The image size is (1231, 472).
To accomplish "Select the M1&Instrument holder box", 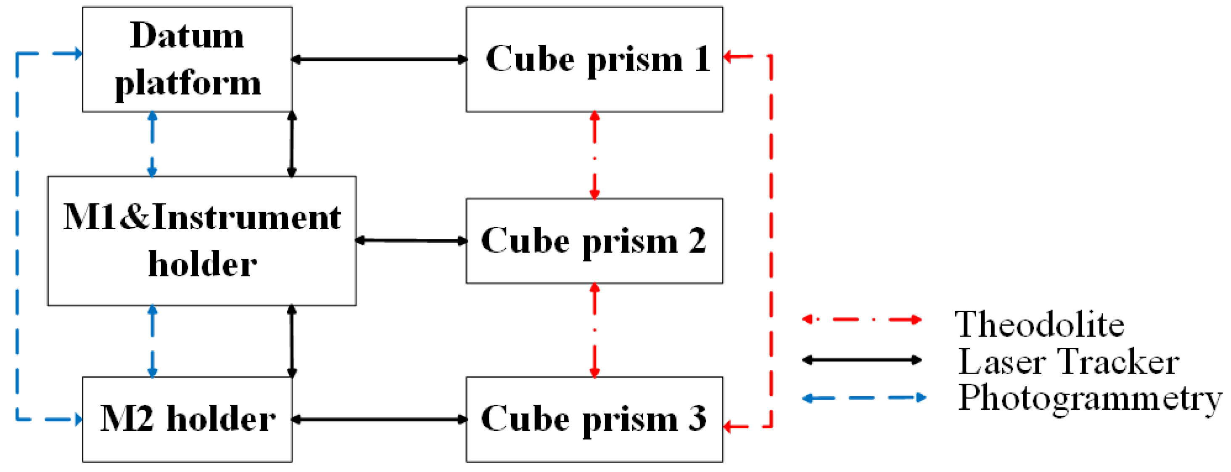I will [x=202, y=241].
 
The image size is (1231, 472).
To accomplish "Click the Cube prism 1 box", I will [x=594, y=59].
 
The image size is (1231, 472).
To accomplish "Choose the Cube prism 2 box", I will [x=594, y=241].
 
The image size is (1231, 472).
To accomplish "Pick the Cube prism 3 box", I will [x=594, y=419].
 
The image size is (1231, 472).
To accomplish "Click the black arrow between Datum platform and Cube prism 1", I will [x=379, y=59].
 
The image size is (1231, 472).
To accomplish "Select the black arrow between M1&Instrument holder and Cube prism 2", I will [x=411, y=241].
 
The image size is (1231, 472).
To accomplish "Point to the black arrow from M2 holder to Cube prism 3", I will [x=379, y=419].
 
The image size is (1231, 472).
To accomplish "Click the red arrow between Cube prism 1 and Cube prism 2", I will [x=594, y=155].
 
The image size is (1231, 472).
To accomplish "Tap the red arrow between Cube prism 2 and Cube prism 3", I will [x=594, y=330].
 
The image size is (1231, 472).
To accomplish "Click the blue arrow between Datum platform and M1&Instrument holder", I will [x=153, y=144].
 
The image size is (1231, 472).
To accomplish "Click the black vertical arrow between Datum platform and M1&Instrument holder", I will [x=291, y=144].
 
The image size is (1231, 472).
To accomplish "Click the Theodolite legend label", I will [x=1040, y=324].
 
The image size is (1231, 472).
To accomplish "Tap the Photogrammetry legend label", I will [x=1090, y=398].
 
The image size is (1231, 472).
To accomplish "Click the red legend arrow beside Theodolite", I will [x=861, y=319].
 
